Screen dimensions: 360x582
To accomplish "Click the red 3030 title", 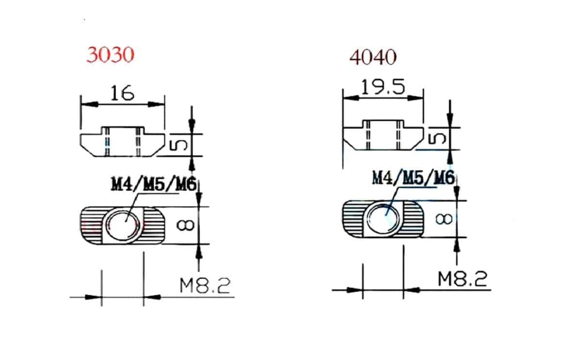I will (110, 55).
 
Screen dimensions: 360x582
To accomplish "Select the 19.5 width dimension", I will (383, 87).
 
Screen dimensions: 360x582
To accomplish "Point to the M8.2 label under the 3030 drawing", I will (205, 286).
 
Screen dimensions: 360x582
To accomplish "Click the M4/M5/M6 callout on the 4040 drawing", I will (413, 178).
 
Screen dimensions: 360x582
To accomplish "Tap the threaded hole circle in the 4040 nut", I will (383, 219).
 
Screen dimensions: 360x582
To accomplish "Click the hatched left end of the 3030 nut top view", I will (92, 225).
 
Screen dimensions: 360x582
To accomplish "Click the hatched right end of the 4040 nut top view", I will (412, 219).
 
